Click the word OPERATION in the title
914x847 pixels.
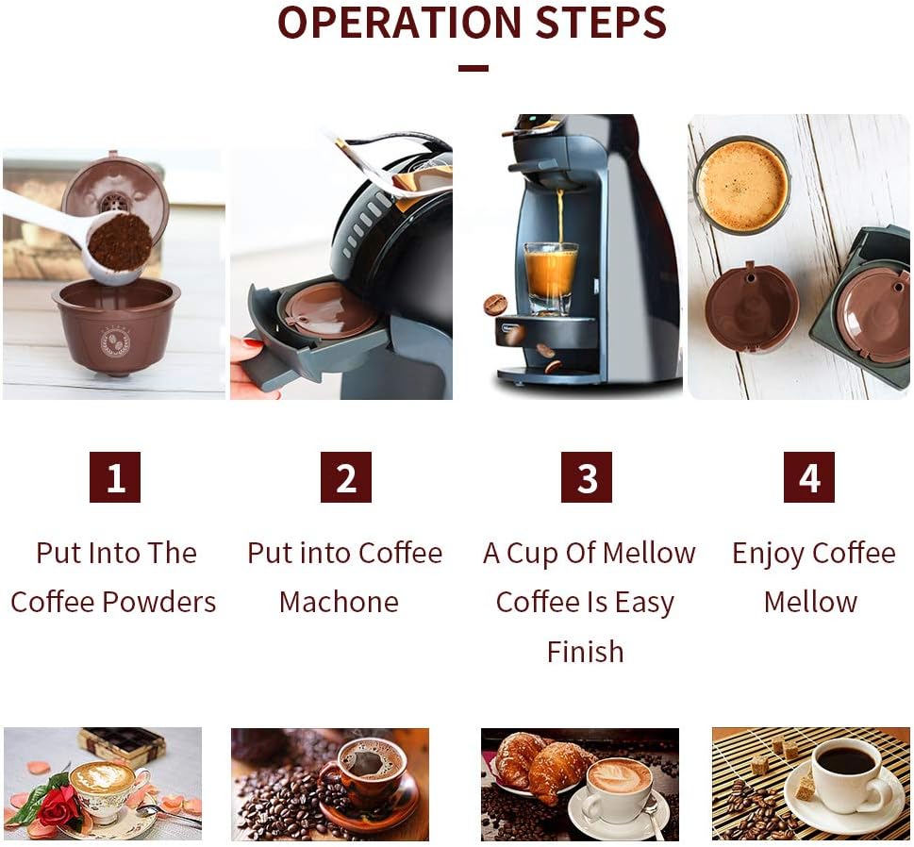pos(400,22)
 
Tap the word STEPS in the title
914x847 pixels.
pos(601,22)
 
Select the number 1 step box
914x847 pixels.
pos(115,477)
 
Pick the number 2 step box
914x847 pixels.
pos(346,477)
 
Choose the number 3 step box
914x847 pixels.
pos(587,477)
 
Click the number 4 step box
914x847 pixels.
pos(809,477)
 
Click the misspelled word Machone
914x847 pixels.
pos(339,602)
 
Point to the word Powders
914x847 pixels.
pos(159,602)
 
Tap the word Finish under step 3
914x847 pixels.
pos(585,652)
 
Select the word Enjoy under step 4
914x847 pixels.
pos(767,554)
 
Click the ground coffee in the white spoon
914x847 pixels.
pos(121,241)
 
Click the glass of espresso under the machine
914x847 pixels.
pos(551,278)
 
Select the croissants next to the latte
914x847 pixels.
pos(540,762)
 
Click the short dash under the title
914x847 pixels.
pos(473,68)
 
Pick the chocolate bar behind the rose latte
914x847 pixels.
pos(123,743)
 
